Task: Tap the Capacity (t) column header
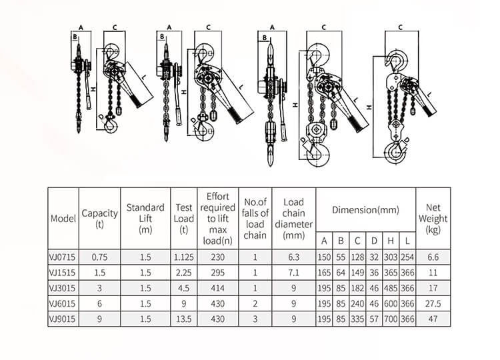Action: tap(99, 218)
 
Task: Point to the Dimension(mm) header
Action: tap(365, 209)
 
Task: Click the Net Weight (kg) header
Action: tap(433, 218)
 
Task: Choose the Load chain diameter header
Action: tap(293, 218)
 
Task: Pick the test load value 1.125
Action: tap(183, 256)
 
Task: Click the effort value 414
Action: tap(217, 288)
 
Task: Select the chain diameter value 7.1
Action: tap(293, 272)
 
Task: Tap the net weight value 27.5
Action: tap(433, 304)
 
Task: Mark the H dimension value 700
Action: tap(391, 319)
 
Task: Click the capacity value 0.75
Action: tap(99, 256)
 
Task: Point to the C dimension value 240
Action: tap(357, 304)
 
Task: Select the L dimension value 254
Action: tap(407, 256)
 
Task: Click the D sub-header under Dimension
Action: tap(374, 240)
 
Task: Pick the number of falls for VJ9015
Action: tap(255, 319)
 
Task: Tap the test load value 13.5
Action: tap(183, 319)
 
